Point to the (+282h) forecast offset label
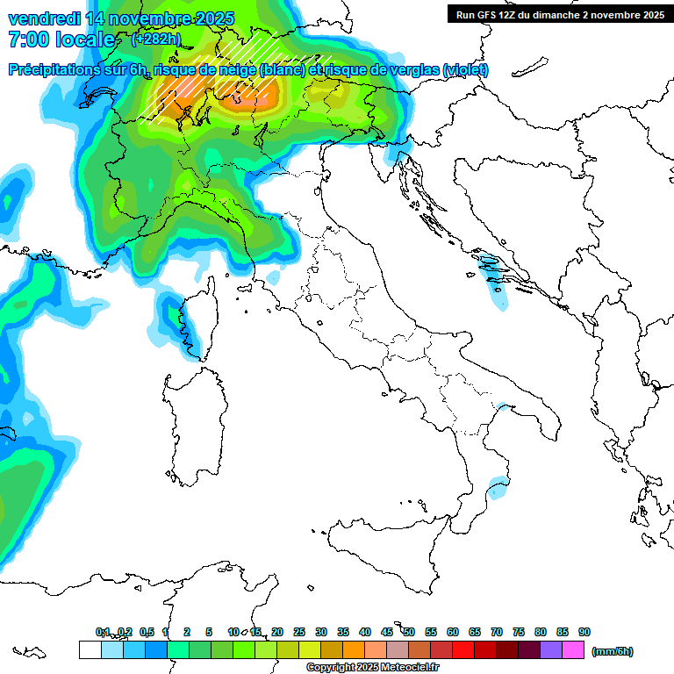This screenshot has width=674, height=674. click(x=155, y=39)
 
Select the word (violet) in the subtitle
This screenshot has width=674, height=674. click(x=465, y=70)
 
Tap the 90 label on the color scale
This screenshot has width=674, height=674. click(x=584, y=632)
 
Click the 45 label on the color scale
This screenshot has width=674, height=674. click(x=387, y=632)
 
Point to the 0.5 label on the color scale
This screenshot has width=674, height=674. click(x=147, y=632)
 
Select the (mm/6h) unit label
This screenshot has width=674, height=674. click(x=613, y=651)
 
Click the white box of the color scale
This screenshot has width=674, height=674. click(x=90, y=650)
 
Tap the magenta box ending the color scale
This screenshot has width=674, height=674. click(x=573, y=650)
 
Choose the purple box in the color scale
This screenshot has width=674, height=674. click(x=551, y=650)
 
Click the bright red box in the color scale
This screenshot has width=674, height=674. click(x=463, y=650)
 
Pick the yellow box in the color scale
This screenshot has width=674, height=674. click(x=310, y=650)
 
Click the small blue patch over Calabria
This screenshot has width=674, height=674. click(x=498, y=485)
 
